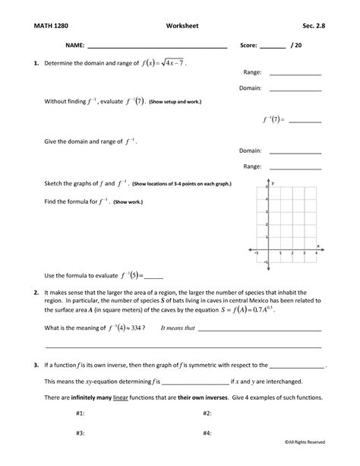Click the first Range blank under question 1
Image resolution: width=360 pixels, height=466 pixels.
[295, 74]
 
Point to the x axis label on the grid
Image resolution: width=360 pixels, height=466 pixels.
[317, 245]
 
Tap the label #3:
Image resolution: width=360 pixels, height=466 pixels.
[80, 432]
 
